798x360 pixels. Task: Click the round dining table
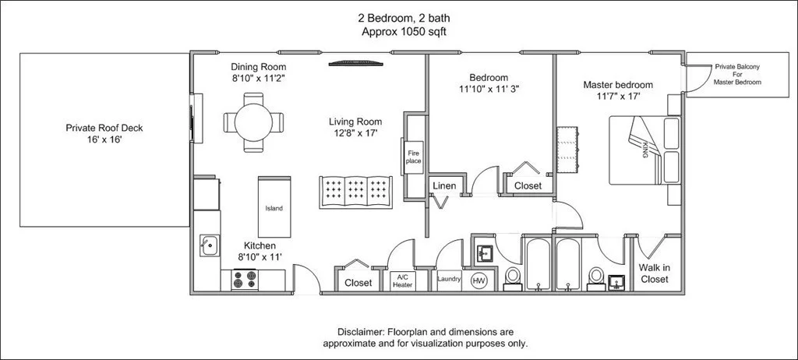pos(253,122)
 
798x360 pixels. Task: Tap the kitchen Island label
pos(274,208)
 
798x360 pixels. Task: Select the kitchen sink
pos(209,245)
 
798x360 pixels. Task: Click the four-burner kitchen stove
pos(244,280)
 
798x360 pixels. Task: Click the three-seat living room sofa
pos(355,192)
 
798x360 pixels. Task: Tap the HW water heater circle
pos(478,280)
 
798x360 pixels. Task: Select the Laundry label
pos(450,279)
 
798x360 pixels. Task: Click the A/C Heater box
pos(402,281)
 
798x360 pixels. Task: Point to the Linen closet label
pos(443,186)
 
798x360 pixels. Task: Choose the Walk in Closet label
pos(654,274)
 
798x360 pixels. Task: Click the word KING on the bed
pos(644,149)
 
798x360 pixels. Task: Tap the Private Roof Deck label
pos(104,128)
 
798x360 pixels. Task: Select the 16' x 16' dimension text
pos(104,139)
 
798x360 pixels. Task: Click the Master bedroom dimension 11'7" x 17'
pos(618,97)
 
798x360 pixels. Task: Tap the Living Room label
pos(355,122)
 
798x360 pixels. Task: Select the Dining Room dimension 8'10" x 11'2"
pos(259,79)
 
